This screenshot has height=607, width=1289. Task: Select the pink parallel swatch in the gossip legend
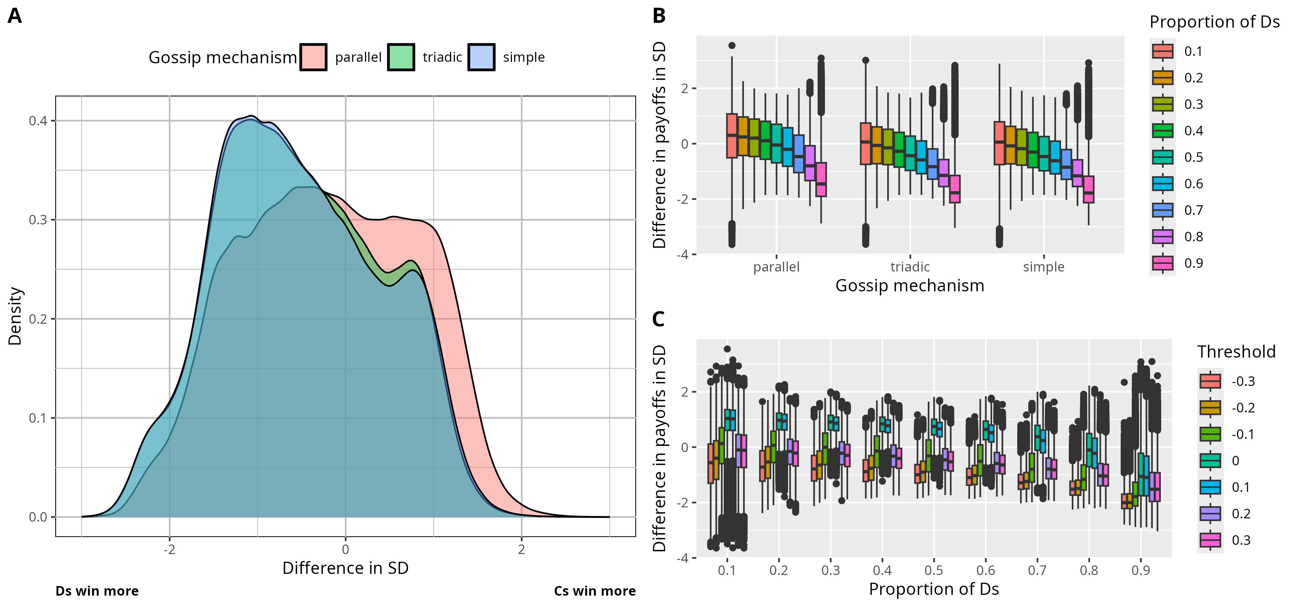tap(313, 57)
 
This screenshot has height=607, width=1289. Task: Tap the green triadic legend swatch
tap(401, 57)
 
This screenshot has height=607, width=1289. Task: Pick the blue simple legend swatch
tap(481, 57)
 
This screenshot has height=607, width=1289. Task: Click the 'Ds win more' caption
tap(97, 591)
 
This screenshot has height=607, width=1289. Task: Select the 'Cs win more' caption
tap(594, 591)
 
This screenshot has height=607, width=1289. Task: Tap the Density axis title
tap(15, 316)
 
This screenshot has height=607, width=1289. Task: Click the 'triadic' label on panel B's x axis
tap(910, 267)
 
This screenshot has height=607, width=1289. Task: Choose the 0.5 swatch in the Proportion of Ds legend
tap(1162, 157)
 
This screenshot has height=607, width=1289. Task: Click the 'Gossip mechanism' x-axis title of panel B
tap(910, 285)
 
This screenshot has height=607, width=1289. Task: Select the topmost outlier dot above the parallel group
tap(731, 46)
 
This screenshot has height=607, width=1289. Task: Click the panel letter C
tap(658, 319)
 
